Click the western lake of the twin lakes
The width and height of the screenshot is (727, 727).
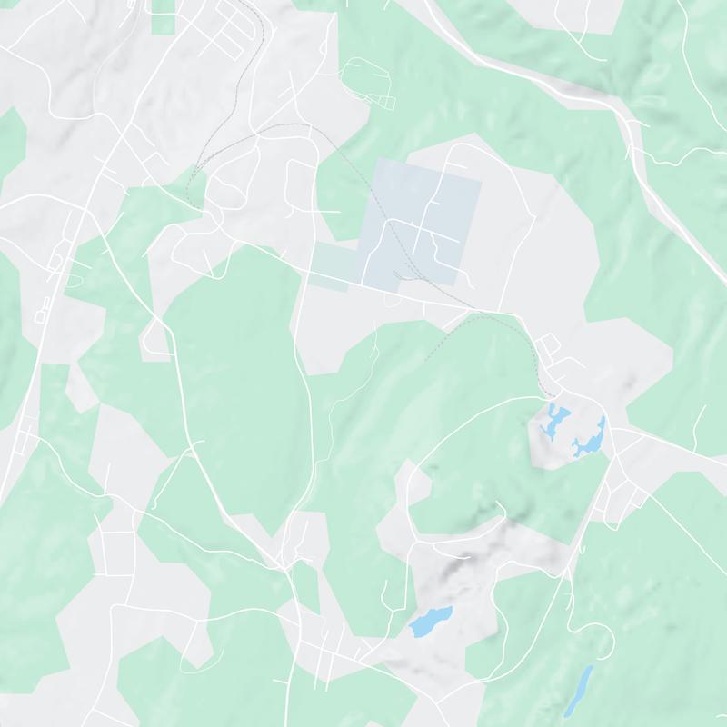(x=552, y=420)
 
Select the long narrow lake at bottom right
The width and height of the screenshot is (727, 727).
(x=578, y=691)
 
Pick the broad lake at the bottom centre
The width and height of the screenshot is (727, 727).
(x=430, y=622)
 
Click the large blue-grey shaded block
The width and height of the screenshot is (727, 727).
(x=423, y=218)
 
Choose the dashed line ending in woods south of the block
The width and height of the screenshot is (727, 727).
(x=445, y=341)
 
